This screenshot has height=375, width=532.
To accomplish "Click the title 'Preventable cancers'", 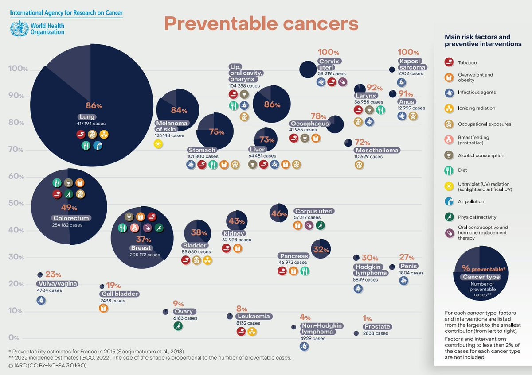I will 261,23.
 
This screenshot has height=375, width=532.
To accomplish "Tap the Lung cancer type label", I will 84,117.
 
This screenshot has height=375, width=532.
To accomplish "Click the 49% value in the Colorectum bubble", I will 69,208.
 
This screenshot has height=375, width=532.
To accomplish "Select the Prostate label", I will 377,327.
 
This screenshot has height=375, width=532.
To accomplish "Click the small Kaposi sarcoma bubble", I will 392,70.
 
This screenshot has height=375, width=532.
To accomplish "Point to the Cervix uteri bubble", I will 308,69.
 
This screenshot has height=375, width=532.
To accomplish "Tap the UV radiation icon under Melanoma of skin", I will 158,143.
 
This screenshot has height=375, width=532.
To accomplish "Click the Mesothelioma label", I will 377,151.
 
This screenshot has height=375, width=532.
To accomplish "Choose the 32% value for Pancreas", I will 320,249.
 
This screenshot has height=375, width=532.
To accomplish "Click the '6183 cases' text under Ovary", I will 185,318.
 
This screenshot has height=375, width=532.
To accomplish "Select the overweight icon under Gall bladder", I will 103,308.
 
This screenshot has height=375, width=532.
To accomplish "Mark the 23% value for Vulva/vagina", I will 53,274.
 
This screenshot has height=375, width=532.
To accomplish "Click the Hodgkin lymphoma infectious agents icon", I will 358,289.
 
